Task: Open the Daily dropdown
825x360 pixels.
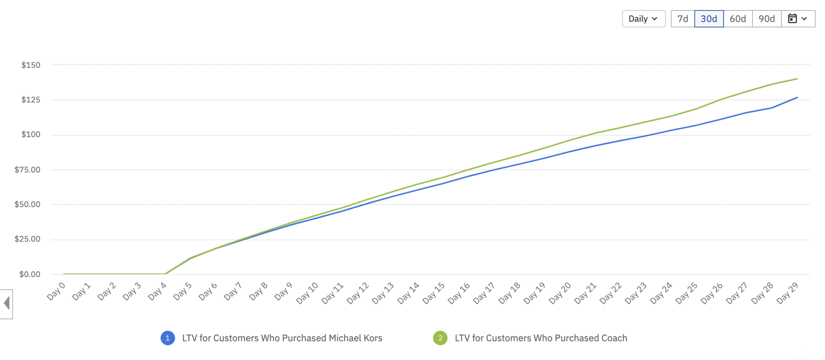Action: point(643,19)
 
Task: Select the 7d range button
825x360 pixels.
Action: point(683,19)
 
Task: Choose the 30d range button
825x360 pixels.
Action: point(709,19)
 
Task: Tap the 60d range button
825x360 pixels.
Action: point(738,19)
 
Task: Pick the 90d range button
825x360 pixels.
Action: point(767,19)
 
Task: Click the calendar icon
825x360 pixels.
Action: point(793,19)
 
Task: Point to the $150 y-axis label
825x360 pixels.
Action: point(31,65)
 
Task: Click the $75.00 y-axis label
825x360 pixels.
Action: point(27,170)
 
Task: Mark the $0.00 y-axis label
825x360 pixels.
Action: point(30,274)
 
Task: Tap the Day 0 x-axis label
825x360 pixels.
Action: point(56,291)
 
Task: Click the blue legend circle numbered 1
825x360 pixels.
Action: point(168,338)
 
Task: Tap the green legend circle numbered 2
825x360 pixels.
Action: point(440,338)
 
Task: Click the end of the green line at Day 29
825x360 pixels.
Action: point(797,79)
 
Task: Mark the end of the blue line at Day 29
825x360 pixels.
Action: point(797,97)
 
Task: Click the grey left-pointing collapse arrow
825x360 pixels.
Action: point(6,303)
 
